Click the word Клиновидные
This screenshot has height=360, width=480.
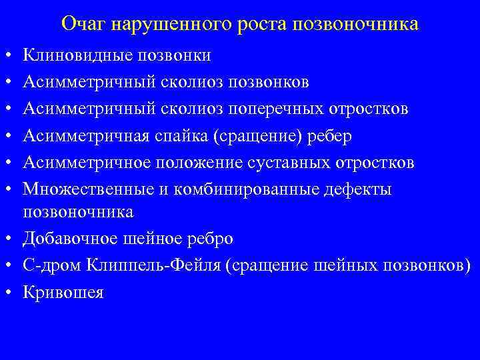79,55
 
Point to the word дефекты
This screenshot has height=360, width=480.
359,190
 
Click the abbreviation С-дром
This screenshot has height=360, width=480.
50,265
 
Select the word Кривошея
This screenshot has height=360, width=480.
63,292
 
